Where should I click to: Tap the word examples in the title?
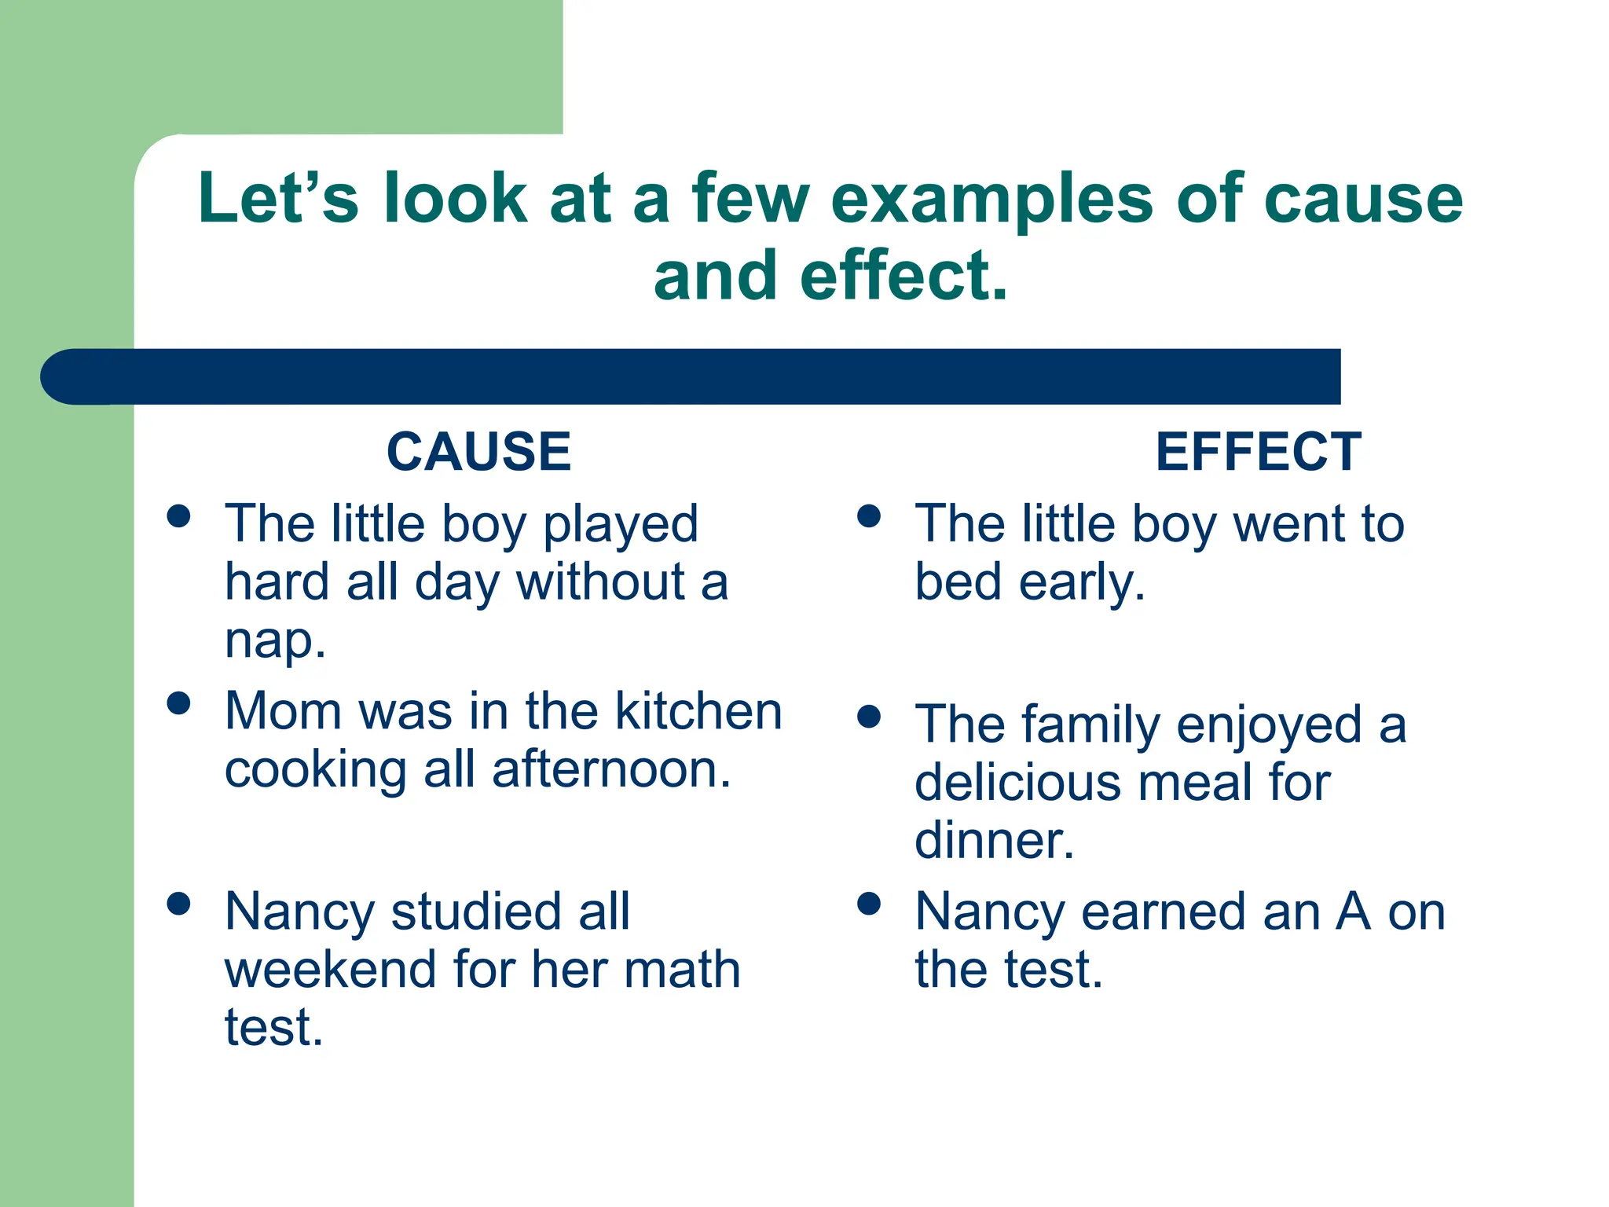(x=991, y=200)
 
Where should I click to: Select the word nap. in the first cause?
(x=275, y=641)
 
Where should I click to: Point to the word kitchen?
(x=698, y=711)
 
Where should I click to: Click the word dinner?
(x=994, y=841)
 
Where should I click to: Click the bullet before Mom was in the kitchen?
(x=179, y=703)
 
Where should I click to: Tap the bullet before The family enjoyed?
(x=869, y=716)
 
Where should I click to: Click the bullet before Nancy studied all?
(x=179, y=904)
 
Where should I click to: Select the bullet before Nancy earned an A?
(x=869, y=904)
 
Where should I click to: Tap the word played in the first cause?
(x=620, y=525)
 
